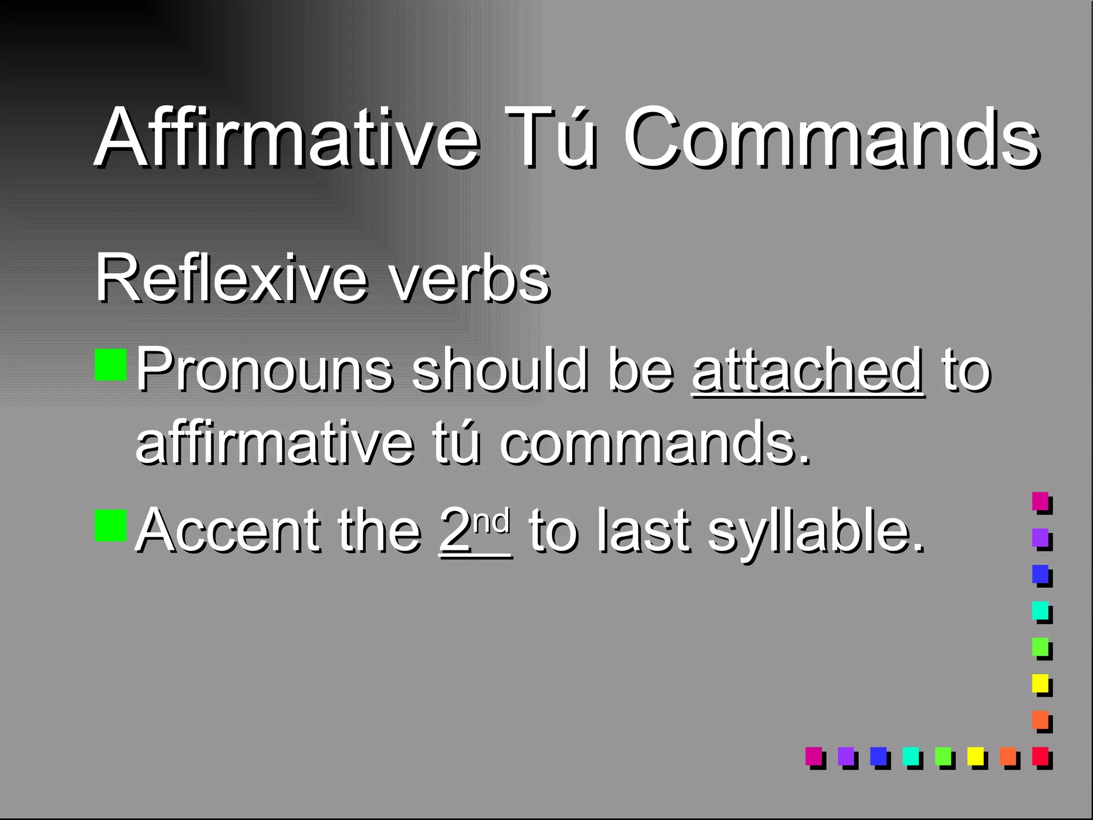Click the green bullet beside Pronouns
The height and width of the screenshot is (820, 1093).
(x=110, y=365)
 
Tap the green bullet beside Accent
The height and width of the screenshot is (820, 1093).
(x=110, y=526)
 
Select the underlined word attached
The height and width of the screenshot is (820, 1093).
(x=807, y=370)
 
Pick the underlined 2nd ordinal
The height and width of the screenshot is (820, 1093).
(x=474, y=530)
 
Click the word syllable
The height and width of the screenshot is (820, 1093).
(x=816, y=531)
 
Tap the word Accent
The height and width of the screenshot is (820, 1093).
(x=227, y=530)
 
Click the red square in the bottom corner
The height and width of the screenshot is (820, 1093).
(x=1040, y=756)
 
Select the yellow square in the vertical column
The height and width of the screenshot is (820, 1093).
(x=1040, y=683)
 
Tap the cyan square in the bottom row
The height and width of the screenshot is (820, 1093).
(x=910, y=756)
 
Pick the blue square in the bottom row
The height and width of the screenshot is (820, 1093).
(x=878, y=756)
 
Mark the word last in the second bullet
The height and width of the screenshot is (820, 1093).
(x=644, y=530)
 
